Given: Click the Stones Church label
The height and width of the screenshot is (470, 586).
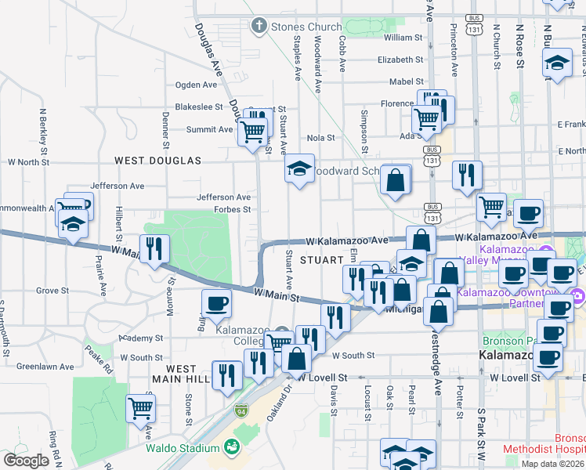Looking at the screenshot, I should click(x=306, y=27).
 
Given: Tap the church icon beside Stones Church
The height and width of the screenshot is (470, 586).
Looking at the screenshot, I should click(x=259, y=27).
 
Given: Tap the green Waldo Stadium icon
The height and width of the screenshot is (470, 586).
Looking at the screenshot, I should click(x=232, y=447).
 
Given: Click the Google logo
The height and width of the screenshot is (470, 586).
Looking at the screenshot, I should click(x=26, y=461).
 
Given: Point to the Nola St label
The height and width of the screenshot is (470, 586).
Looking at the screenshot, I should click(x=320, y=137).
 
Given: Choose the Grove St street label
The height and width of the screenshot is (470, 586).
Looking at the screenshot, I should click(x=52, y=291).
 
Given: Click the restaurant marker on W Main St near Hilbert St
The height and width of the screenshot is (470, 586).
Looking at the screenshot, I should click(x=154, y=248).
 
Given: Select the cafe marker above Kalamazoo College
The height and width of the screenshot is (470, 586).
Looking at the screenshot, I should click(x=216, y=302).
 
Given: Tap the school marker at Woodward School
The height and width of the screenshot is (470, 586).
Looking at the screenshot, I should click(x=298, y=168).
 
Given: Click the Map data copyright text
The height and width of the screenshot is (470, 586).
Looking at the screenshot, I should click(x=553, y=464).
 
